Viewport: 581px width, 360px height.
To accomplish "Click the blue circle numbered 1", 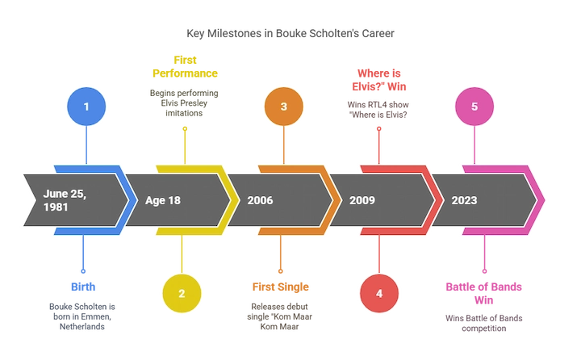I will point(86,106).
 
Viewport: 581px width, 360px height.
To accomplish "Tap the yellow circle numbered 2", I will point(182,293).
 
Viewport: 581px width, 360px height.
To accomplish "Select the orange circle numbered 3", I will point(283,106).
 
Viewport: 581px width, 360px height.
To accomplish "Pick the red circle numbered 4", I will point(378,293).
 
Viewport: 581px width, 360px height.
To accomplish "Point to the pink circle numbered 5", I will point(474,106).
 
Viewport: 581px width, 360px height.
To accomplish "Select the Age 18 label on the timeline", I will point(163,200).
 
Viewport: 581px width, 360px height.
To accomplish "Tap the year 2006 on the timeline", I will point(261,200).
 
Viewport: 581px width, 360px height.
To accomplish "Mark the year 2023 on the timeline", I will point(464,200).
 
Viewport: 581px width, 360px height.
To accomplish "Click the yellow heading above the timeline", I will point(186,66).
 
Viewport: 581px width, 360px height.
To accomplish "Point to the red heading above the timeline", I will point(379,76).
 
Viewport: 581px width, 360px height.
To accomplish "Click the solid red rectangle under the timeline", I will point(428,251).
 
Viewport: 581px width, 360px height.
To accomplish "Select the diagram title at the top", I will point(290,34).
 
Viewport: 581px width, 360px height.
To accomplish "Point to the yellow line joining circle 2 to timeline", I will point(182,254).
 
